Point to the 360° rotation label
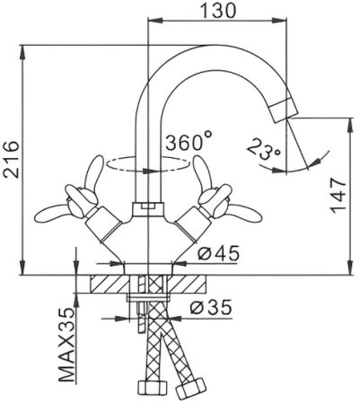click(189, 141)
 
